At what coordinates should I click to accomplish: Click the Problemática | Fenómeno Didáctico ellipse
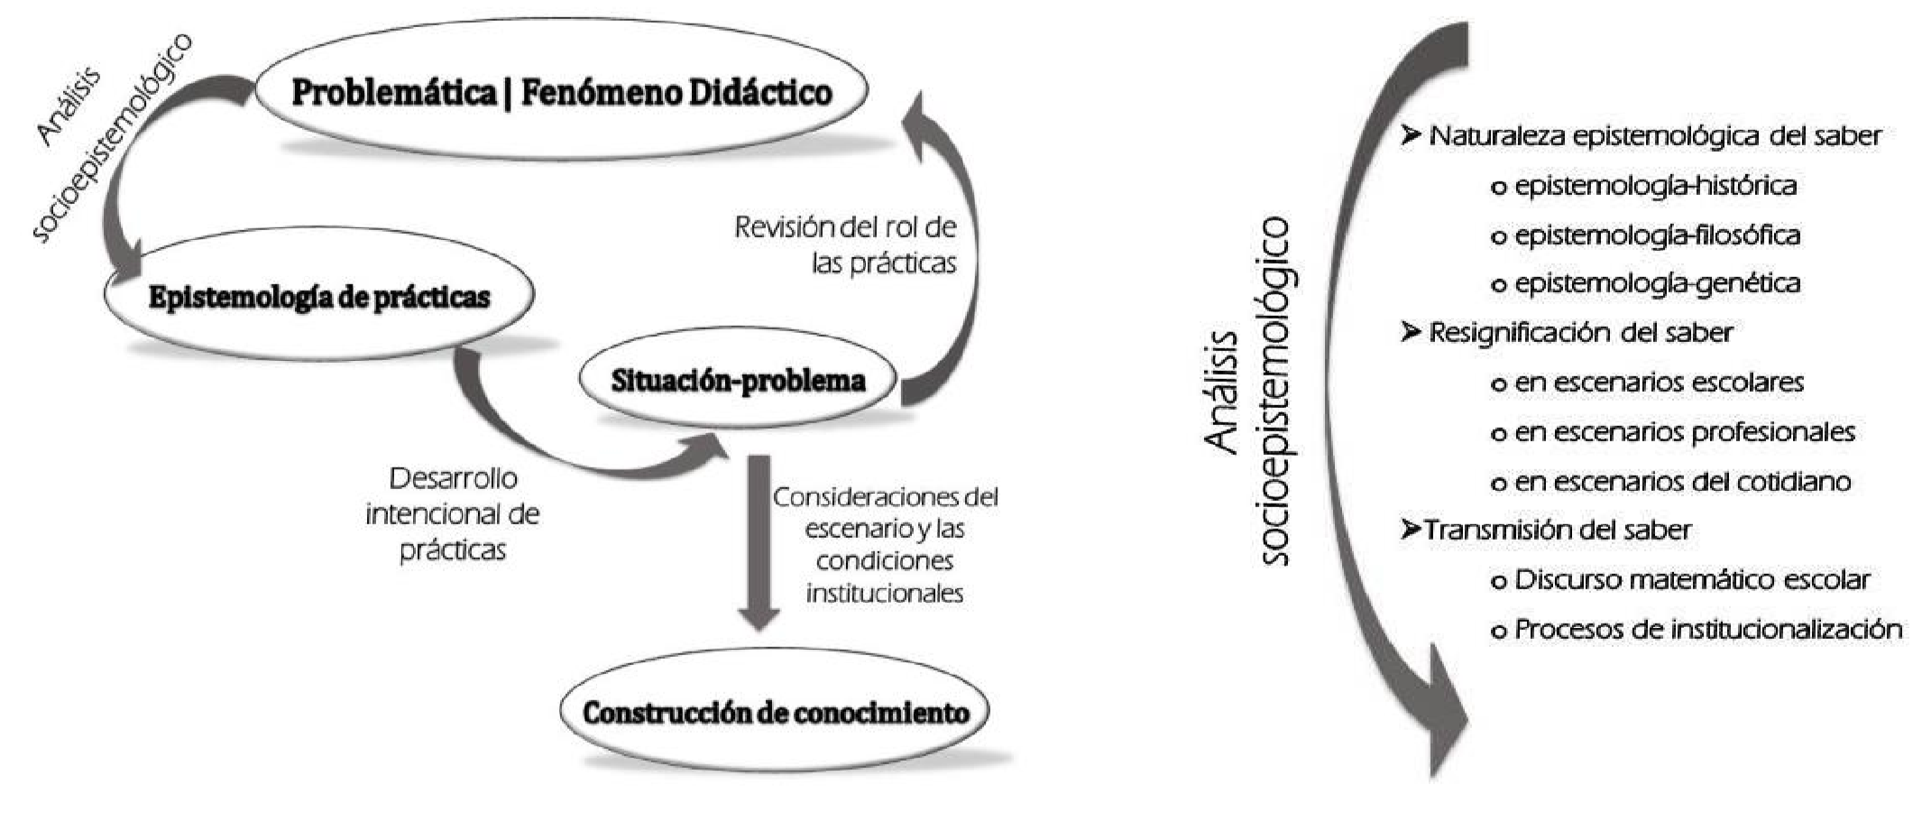[x=561, y=92]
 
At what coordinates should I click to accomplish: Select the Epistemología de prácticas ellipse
[x=319, y=297]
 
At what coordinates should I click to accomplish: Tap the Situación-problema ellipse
[x=738, y=381]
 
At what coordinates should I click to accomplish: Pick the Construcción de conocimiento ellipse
[x=775, y=712]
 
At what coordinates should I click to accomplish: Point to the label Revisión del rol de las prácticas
[x=845, y=245]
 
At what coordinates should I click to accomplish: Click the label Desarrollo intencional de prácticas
[x=452, y=513]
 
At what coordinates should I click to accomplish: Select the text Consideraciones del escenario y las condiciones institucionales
[x=885, y=544]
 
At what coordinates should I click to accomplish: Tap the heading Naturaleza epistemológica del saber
[x=1655, y=136]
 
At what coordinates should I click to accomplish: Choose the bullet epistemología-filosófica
[x=1657, y=236]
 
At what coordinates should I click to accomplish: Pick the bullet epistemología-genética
[x=1657, y=283]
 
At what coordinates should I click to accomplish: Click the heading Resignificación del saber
[x=1580, y=333]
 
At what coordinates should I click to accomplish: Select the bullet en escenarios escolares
[x=1659, y=383]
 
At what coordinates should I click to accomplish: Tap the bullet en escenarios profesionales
[x=1684, y=432]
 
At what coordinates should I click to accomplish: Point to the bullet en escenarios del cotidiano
[x=1682, y=482]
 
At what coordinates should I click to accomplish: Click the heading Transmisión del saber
[x=1557, y=530]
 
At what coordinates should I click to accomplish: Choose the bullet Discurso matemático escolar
[x=1692, y=579]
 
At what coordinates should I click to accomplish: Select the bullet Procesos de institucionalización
[x=1707, y=629]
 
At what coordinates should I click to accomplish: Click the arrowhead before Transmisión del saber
[x=1411, y=530]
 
